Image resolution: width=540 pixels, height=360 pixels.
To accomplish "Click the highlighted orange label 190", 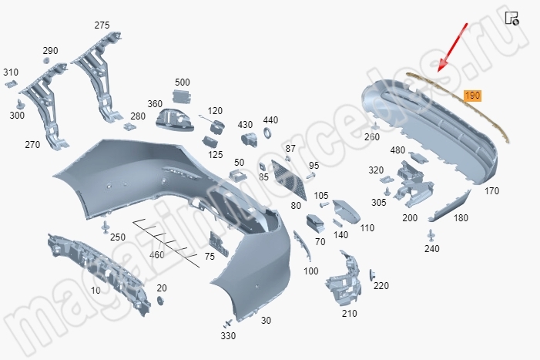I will pyautogui.click(x=472, y=96).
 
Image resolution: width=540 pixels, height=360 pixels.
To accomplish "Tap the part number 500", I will pyautogui.click(x=183, y=82).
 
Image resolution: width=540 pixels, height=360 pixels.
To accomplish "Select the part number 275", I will pyautogui.click(x=102, y=25).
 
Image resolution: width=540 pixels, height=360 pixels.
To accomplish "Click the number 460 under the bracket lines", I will pyautogui.click(x=156, y=255).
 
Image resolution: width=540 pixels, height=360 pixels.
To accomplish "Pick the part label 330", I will pyautogui.click(x=228, y=336).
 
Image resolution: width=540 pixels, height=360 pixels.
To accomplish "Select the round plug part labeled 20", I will pyautogui.click(x=161, y=300).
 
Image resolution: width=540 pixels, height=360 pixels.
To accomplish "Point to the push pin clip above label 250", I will pyautogui.click(x=104, y=225).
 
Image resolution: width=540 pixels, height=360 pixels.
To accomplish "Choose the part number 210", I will pyautogui.click(x=349, y=314).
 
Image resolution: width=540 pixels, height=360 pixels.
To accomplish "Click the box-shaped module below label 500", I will pyautogui.click(x=183, y=95).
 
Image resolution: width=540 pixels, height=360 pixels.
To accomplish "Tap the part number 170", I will pyautogui.click(x=491, y=190).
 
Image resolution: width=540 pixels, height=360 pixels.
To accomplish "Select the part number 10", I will pyautogui.click(x=96, y=291).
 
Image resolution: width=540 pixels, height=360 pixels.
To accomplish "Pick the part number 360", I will pyautogui.click(x=155, y=104).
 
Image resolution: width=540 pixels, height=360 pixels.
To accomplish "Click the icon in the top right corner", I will pyautogui.click(x=511, y=18).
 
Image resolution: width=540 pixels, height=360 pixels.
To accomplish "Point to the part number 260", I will pyautogui.click(x=372, y=137).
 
